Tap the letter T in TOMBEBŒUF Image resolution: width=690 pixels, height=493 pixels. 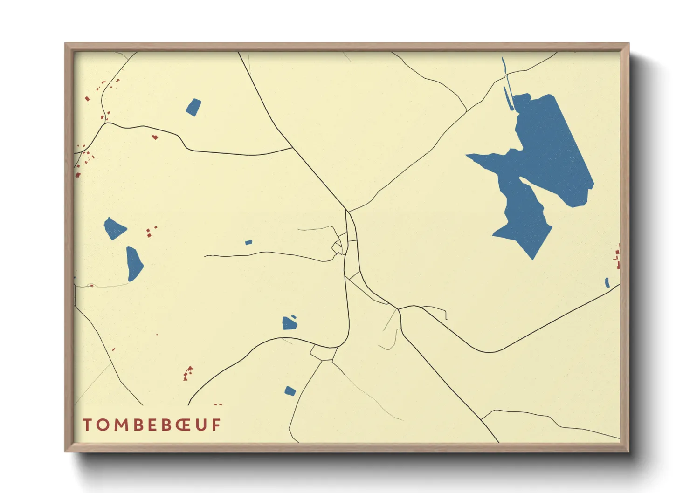87,425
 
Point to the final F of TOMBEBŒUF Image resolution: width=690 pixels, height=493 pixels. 216,425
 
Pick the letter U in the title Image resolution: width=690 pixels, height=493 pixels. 201,425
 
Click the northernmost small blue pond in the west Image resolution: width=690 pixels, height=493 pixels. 193,107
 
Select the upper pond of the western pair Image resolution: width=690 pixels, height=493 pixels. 114,228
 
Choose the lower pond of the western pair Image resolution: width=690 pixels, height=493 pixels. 134,264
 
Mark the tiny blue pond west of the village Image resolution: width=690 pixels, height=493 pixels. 248,242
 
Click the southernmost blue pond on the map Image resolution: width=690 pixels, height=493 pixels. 290,391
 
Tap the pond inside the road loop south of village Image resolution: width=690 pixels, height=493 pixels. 290,322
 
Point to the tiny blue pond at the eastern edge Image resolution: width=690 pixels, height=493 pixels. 607,282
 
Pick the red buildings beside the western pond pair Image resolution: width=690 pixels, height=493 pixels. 150,232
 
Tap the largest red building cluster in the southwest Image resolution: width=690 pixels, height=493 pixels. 188,373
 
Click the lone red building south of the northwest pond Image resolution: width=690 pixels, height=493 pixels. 155,137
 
